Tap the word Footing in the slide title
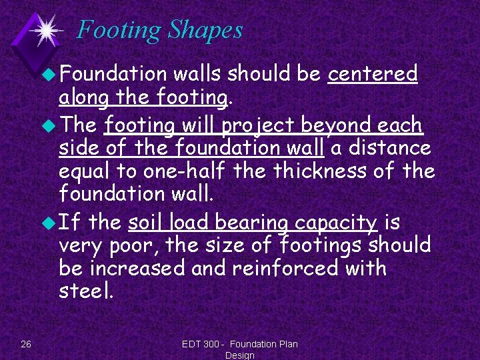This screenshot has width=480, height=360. (119, 30)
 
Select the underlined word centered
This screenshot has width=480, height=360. (373, 73)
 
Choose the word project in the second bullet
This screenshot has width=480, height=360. (258, 125)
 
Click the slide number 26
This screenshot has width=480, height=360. (26, 344)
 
